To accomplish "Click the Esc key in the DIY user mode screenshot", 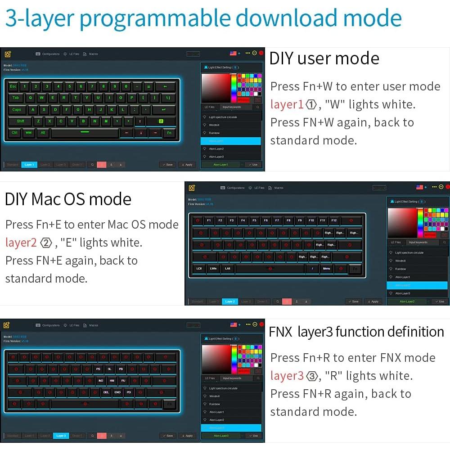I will [x=13, y=86].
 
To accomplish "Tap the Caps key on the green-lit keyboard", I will [x=17, y=109].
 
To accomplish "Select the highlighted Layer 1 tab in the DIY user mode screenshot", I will [x=29, y=165].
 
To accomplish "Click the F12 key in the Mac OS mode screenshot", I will [x=333, y=220].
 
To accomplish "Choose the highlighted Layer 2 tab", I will [x=230, y=301].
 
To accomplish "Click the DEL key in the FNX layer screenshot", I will [x=106, y=392].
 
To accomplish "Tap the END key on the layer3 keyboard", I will [x=117, y=392].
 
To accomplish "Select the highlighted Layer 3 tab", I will [x=61, y=436].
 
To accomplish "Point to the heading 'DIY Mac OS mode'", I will [x=68, y=199].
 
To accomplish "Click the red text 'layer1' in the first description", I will [x=287, y=104].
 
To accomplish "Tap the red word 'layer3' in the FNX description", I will [x=287, y=376].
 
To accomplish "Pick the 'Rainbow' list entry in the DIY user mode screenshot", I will [x=214, y=133].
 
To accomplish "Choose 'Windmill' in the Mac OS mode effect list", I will [x=400, y=261].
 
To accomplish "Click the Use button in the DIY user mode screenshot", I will [x=253, y=165].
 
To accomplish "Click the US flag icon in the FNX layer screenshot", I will [x=233, y=324].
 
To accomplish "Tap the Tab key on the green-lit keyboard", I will [x=15, y=98].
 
